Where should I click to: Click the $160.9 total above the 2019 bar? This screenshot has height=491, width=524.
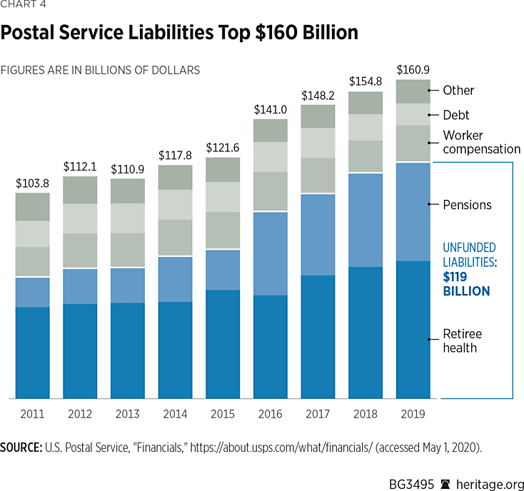tap(413, 70)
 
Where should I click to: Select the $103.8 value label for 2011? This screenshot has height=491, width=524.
tap(32, 183)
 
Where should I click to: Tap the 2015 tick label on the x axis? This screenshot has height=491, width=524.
tap(222, 412)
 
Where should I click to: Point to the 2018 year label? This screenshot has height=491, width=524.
tap(365, 412)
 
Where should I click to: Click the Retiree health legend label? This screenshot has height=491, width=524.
tap(463, 340)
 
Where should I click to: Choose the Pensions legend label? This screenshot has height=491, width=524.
tap(467, 205)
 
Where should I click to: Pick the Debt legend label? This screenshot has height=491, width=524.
tap(455, 115)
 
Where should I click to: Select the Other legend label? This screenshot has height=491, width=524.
tap(458, 91)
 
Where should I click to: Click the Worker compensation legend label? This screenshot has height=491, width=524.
tap(481, 142)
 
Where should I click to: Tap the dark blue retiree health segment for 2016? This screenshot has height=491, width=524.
tap(270, 346)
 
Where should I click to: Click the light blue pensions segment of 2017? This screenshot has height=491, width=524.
tap(318, 235)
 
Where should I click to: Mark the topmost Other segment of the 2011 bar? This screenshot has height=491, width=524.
tap(32, 207)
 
